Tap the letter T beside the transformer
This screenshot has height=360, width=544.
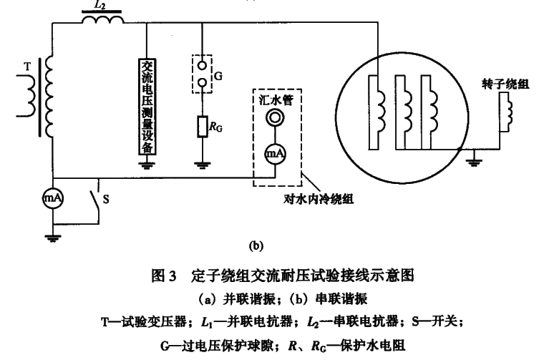coord(27,65)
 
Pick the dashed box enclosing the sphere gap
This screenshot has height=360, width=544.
coord(203,72)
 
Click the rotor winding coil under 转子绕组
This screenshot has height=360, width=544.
coord(508,113)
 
